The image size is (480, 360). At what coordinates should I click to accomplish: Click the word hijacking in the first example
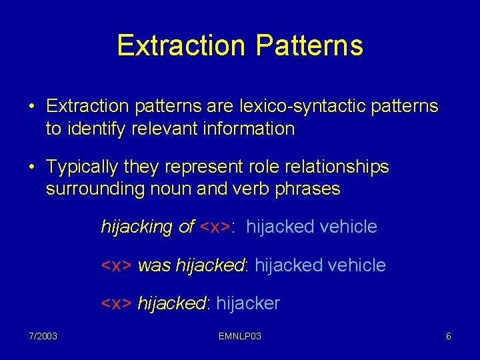[x=137, y=227]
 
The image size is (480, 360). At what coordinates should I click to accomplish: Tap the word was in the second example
[x=154, y=265]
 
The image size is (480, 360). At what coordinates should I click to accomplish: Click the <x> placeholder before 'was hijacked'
[x=116, y=265]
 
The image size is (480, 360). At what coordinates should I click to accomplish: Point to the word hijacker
[x=248, y=304]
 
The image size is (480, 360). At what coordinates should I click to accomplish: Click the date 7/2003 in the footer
[x=43, y=337]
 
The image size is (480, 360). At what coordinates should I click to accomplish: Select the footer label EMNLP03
[x=240, y=337]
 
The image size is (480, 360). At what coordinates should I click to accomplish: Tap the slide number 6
[x=449, y=337]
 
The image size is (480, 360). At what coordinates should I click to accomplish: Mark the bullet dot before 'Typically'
[x=31, y=167]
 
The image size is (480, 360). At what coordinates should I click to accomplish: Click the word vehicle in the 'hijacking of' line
[x=349, y=227]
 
